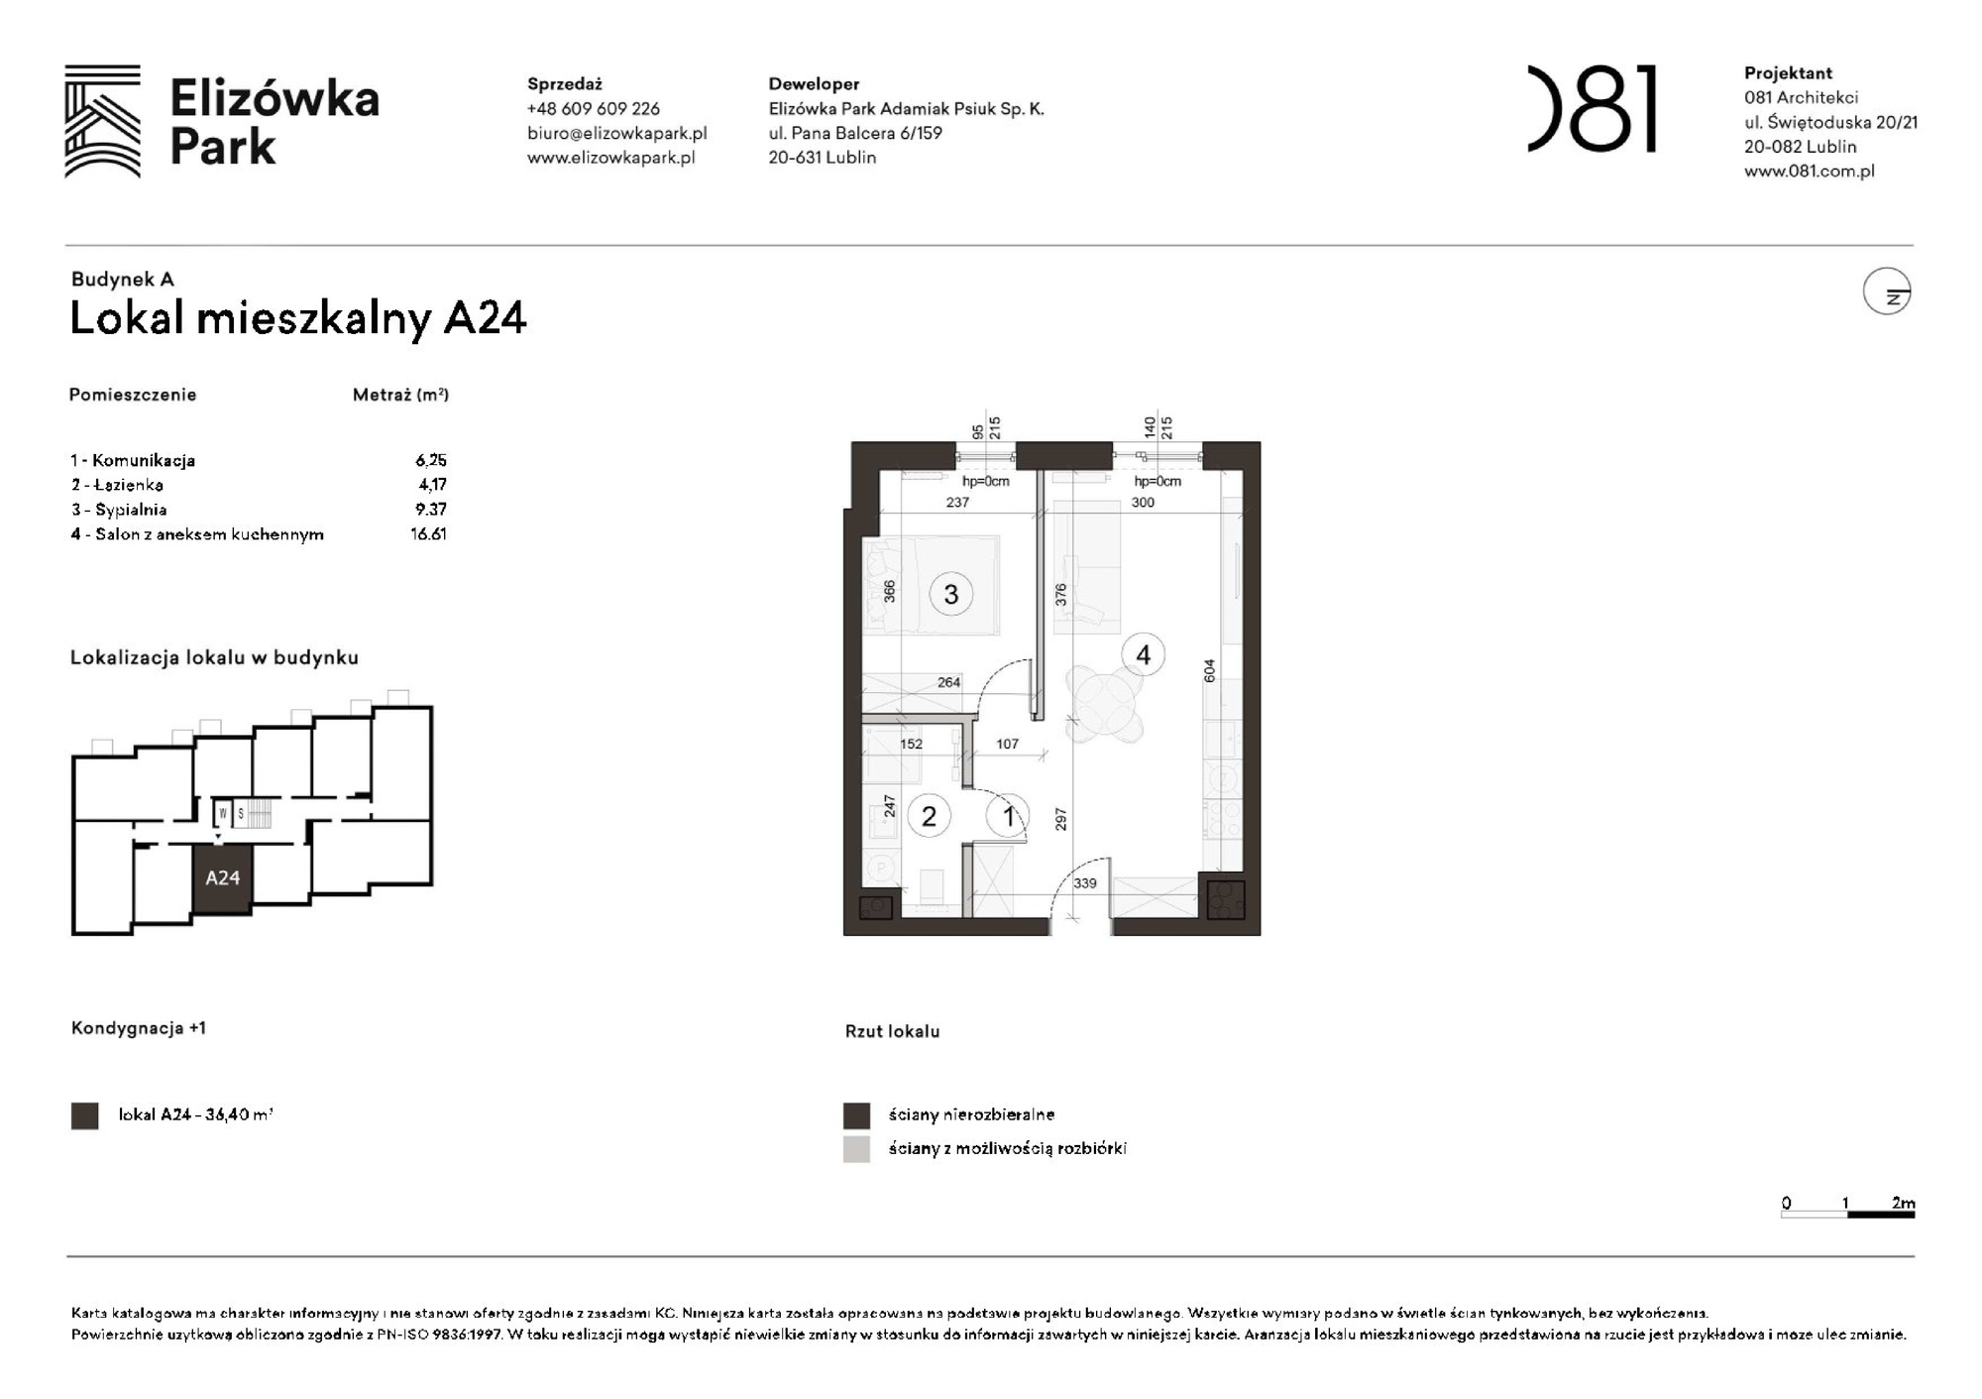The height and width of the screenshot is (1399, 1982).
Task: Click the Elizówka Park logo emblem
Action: (x=102, y=121)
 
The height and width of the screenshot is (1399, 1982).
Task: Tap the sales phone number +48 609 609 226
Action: (x=593, y=109)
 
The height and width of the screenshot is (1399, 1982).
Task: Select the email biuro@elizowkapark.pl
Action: (x=616, y=133)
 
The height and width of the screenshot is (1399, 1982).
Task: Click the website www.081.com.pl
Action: (x=1809, y=171)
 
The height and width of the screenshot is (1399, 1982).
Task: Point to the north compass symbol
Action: (x=1887, y=292)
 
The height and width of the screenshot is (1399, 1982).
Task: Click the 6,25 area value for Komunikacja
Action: (x=431, y=460)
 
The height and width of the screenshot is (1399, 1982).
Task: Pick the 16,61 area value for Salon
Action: (x=428, y=533)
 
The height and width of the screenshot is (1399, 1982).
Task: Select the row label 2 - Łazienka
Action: (x=117, y=485)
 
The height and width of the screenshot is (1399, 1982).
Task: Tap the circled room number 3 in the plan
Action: (x=950, y=594)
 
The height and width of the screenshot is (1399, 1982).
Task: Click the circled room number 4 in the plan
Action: (x=1143, y=654)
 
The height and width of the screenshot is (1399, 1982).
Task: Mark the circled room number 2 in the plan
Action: (x=929, y=816)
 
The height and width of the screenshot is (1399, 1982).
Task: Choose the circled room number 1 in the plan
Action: (x=1008, y=816)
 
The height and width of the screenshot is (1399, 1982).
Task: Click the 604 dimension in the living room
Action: (x=1209, y=671)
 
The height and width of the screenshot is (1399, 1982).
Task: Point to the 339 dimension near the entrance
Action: (x=1085, y=882)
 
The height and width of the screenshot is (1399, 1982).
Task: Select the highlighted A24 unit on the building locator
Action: (x=222, y=877)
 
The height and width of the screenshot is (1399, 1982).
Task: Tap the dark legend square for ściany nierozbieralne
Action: (x=856, y=1115)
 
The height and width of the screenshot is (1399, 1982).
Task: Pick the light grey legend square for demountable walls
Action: (x=856, y=1149)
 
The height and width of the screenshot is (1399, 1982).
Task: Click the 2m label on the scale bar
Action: (x=1903, y=1203)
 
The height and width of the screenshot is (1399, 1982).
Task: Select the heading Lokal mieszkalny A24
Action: (x=298, y=318)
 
